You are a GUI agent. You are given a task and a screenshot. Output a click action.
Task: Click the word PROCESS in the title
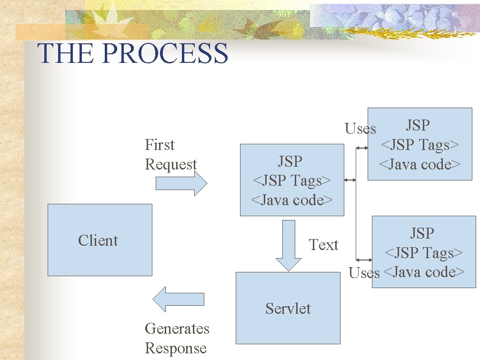(165, 53)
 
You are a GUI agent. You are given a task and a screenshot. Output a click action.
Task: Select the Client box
(100, 240)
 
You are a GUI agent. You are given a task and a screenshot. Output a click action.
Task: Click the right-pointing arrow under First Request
(181, 183)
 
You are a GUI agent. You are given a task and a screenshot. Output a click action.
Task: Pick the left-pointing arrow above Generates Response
(178, 299)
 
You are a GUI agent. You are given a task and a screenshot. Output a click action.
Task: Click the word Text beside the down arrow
(323, 245)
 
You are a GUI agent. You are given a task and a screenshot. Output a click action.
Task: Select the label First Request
(170, 155)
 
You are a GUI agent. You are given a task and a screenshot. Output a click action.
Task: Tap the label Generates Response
(177, 338)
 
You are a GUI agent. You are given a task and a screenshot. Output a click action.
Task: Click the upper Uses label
(360, 129)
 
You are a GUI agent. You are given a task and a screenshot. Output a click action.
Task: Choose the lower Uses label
(364, 273)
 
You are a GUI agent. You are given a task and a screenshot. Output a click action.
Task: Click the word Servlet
(288, 309)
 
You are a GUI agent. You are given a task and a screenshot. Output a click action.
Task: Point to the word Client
(98, 240)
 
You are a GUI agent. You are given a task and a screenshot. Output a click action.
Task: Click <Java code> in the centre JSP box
(291, 200)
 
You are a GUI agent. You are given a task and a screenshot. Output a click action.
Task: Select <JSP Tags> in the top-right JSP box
(419, 145)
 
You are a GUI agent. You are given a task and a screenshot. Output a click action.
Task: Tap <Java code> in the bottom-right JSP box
(423, 272)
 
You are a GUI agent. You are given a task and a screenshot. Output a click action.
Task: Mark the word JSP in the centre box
(290, 161)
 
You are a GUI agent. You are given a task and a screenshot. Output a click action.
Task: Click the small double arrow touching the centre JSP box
(350, 180)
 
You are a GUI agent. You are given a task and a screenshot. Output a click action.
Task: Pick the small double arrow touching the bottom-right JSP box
(364, 260)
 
